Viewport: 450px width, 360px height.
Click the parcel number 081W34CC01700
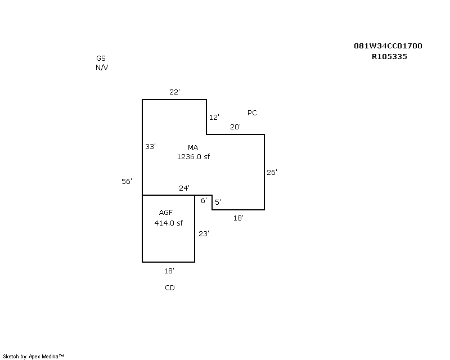click(388, 46)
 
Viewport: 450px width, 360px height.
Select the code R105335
click(389, 57)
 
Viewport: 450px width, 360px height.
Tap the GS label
click(101, 58)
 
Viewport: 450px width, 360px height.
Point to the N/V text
click(102, 67)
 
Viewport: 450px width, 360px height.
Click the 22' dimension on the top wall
click(174, 92)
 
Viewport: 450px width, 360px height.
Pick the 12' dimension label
click(214, 117)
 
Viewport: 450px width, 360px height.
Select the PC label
click(252, 113)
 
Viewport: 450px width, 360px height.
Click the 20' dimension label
click(235, 127)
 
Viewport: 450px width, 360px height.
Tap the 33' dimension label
click(150, 147)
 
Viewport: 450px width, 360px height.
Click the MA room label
click(193, 147)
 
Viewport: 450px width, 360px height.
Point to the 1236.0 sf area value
click(193, 157)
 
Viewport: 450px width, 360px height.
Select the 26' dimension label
click(272, 172)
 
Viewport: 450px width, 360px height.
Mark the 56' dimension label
click(127, 182)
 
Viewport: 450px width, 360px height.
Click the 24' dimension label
click(184, 188)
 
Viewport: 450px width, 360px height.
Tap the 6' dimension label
click(204, 200)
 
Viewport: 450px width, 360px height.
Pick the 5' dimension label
click(218, 202)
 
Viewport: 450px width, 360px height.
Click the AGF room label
click(166, 213)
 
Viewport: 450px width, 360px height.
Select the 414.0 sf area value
click(168, 223)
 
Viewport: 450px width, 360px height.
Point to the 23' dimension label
click(204, 233)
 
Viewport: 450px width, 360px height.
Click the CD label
click(170, 287)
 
